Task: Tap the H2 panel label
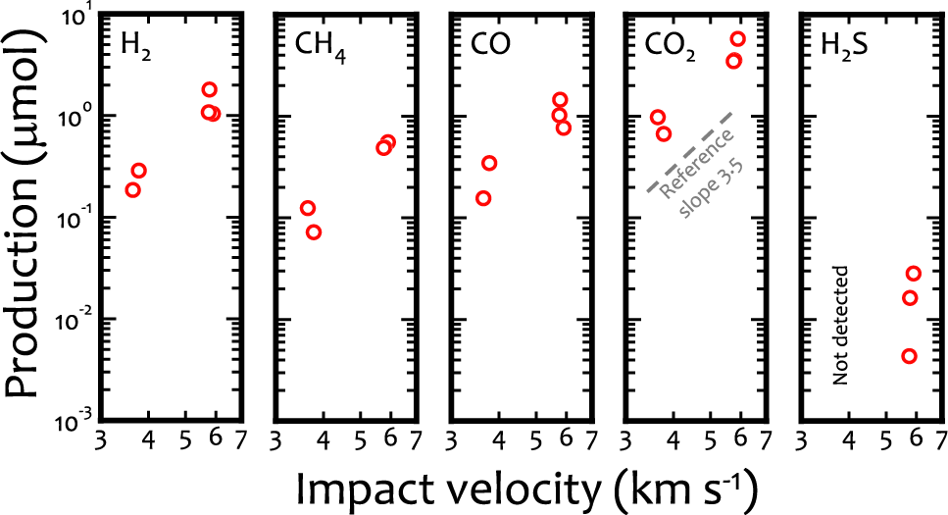135,44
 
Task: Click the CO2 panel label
671,45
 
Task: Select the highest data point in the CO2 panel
738,39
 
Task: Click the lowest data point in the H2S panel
909,356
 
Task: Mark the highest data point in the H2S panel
914,274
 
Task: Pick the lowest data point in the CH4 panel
314,232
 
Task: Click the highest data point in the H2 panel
209,89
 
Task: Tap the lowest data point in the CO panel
483,198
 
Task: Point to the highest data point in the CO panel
560,99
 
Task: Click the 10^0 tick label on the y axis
78,116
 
